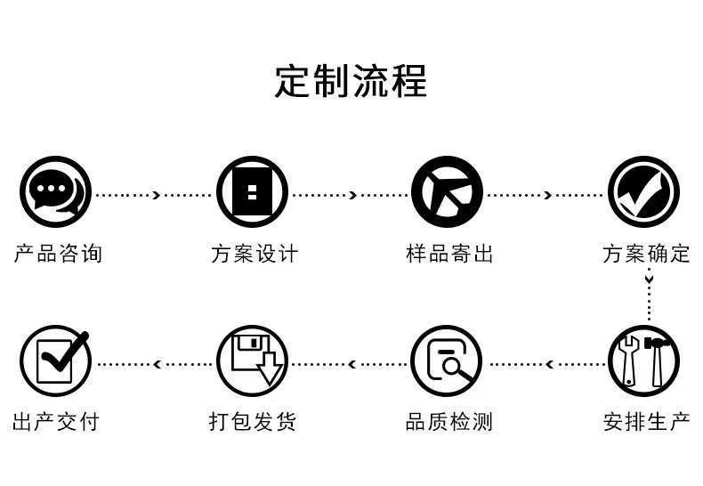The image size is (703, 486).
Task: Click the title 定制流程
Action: (x=351, y=81)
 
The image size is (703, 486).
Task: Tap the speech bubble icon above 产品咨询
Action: (x=55, y=191)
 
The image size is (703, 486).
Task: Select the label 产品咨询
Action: (x=58, y=254)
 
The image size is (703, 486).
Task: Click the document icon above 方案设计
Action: (x=252, y=191)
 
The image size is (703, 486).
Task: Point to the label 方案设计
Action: (x=255, y=254)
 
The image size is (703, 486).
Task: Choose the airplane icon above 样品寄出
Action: (x=447, y=191)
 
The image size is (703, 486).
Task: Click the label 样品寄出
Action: (x=449, y=254)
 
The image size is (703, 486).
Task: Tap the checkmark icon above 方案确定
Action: (x=643, y=191)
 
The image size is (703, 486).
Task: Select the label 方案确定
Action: (x=646, y=254)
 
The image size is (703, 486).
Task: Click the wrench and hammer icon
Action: (x=643, y=360)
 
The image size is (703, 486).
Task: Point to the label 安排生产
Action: (x=646, y=422)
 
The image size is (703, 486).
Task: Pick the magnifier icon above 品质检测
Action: (x=447, y=360)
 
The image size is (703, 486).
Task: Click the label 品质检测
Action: (x=449, y=422)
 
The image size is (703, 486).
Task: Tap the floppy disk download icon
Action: (x=252, y=360)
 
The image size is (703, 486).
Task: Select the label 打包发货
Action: (x=253, y=422)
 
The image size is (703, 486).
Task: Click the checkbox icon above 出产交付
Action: (x=55, y=360)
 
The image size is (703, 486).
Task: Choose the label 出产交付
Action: (x=56, y=422)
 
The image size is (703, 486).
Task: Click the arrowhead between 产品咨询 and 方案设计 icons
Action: (x=157, y=195)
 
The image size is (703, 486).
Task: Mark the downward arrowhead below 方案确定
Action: (x=650, y=279)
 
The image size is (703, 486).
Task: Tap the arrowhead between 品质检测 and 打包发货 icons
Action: (x=352, y=364)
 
